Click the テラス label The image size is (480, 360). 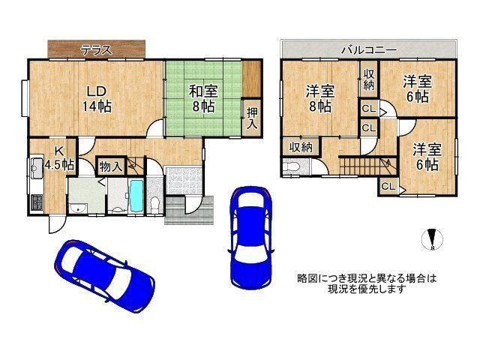[x=97, y=51]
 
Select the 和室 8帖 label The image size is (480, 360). [x=202, y=99]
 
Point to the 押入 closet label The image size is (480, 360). [x=252, y=118]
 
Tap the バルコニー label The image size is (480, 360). [x=369, y=49]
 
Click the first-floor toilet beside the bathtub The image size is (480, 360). [x=154, y=202]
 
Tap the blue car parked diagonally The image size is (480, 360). [x=104, y=274]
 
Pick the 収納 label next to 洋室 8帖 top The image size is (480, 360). [x=370, y=79]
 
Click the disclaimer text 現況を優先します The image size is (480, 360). [x=367, y=289]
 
